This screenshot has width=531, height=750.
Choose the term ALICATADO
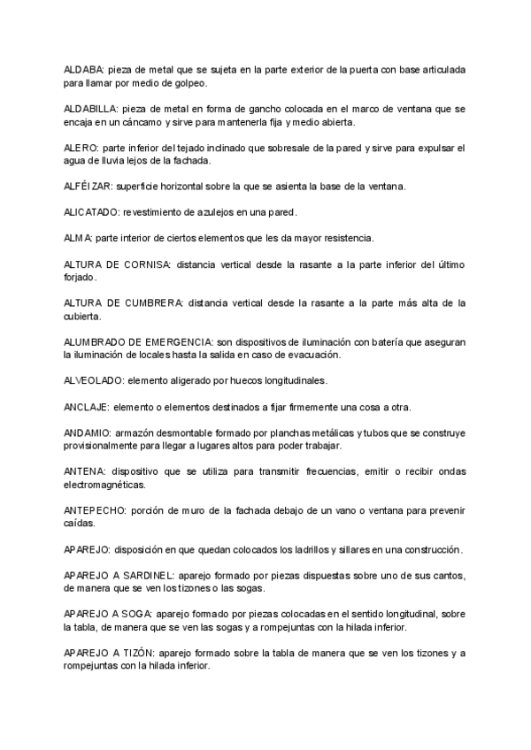point(91,212)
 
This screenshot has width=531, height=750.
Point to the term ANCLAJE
point(86,407)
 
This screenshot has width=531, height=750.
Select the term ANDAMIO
point(87,433)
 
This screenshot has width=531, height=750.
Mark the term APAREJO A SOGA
point(108,615)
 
